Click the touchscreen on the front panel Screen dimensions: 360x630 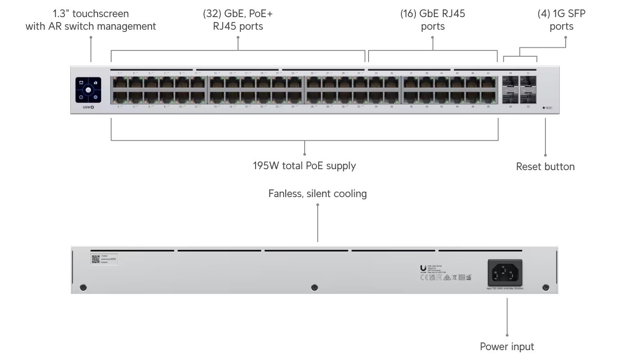(89, 90)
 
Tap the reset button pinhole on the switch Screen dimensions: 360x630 (544, 108)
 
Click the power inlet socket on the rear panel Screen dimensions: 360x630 (505, 273)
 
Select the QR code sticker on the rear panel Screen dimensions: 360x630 (95, 259)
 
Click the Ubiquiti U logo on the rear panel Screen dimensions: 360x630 (423, 268)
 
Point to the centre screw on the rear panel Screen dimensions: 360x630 (315, 287)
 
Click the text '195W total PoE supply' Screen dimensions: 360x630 (304, 166)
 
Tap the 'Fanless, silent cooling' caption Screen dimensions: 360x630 (317, 194)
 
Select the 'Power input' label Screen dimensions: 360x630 (507, 346)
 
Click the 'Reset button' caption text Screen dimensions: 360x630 (545, 166)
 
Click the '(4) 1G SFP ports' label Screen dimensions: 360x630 (561, 20)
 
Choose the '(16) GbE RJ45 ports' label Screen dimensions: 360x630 (432, 20)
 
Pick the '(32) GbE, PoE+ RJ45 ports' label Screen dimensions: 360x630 (238, 20)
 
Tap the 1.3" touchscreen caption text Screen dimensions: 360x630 (90, 20)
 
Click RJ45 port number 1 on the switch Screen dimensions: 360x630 (119, 83)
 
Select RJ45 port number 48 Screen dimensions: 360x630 (489, 97)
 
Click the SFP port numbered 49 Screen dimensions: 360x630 (510, 83)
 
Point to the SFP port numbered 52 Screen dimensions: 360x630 (528, 97)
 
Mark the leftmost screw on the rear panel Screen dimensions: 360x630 (82, 287)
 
